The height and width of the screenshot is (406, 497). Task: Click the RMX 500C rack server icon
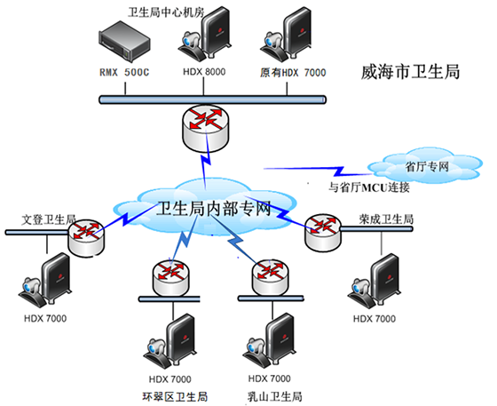coord(124,42)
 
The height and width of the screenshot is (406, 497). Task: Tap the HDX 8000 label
coord(204,72)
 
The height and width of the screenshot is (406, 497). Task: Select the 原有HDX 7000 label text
coord(293,73)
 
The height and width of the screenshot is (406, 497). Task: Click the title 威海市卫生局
coord(410,72)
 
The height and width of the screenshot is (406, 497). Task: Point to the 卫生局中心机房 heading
coord(166,12)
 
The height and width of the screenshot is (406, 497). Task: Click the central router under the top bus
coord(205,128)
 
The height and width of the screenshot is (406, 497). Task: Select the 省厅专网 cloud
coord(426,165)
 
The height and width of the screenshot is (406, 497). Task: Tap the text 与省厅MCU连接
coord(369,187)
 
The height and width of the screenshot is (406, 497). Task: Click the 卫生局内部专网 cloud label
coord(214,209)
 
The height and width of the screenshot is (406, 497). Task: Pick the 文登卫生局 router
coord(86,238)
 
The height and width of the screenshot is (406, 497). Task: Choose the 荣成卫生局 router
coord(323,233)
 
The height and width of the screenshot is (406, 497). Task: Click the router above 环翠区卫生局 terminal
coord(170,278)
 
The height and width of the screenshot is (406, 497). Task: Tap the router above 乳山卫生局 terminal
coord(271,277)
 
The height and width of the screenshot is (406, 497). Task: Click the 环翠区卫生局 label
coord(175,396)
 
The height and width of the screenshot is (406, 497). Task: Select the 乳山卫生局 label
coord(274,396)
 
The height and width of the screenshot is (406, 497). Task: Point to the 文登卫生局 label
coord(49,219)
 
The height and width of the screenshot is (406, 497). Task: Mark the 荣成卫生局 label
coord(386,219)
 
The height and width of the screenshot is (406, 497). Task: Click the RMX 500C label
coord(124,72)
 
